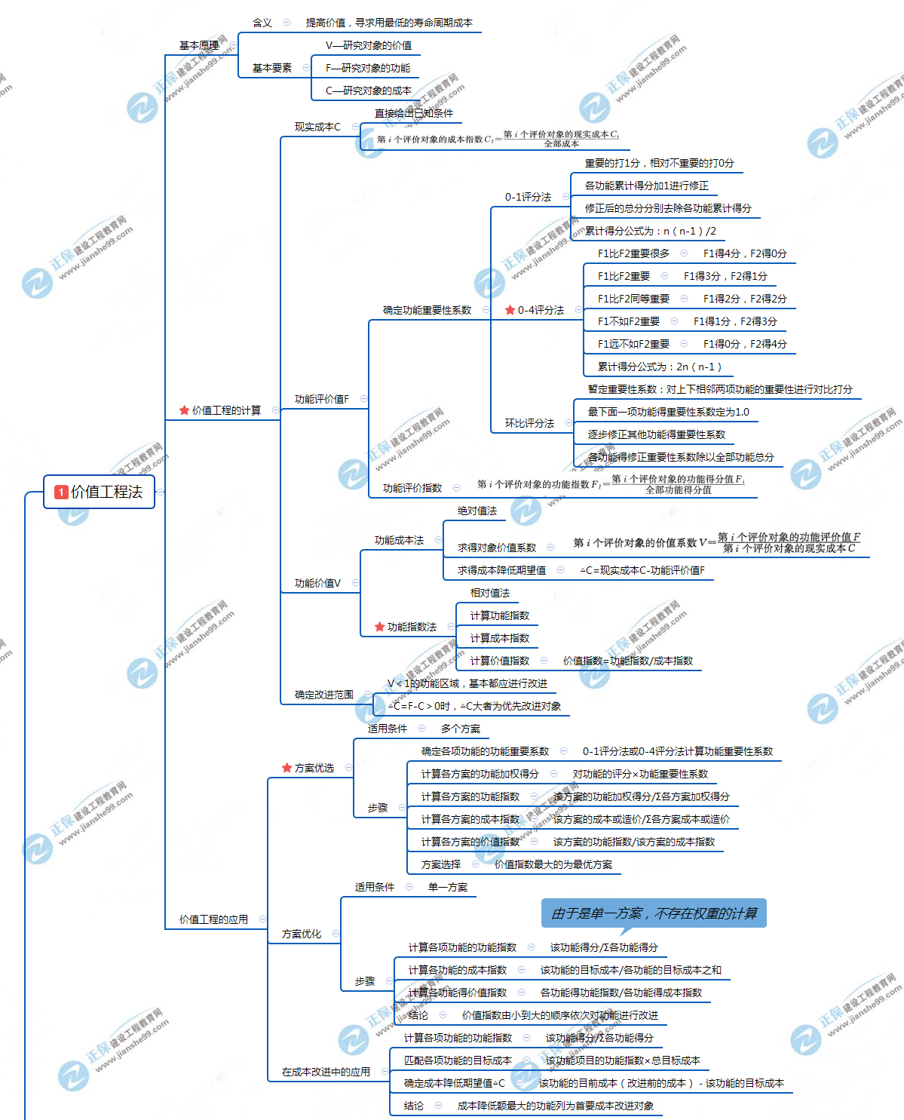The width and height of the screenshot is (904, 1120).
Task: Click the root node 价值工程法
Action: coord(100,492)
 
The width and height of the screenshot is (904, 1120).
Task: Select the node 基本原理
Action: coord(199,46)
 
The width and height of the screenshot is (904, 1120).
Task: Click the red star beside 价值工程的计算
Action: coord(184,410)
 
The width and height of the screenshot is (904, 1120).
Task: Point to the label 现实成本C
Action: coord(317,127)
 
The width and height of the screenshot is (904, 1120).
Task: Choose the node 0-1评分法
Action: coord(528,197)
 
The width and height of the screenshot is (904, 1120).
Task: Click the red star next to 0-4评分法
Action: coord(510,310)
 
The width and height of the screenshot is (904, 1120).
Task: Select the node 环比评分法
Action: coord(529,423)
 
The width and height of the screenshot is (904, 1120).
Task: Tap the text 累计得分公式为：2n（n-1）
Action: coord(660,367)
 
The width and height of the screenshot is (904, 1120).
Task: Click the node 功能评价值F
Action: coord(322,399)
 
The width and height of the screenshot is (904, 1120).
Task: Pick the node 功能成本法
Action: coord(399,540)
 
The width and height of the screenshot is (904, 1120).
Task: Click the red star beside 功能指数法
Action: coord(379,627)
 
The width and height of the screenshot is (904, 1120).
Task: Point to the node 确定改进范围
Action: coord(324,695)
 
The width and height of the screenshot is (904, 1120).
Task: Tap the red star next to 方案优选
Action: coord(287,768)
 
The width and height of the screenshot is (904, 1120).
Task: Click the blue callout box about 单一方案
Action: coord(654,913)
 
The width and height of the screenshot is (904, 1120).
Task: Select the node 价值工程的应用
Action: coord(213,919)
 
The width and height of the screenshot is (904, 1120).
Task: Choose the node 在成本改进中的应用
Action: coord(326,1072)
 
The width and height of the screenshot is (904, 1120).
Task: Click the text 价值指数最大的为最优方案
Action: coord(553,864)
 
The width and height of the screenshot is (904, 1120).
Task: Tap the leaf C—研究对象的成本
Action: coord(369,91)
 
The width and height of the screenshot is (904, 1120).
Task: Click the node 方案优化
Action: coord(302,934)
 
